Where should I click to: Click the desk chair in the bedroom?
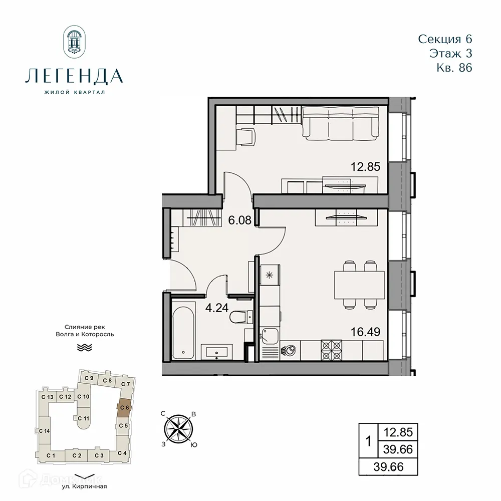245,136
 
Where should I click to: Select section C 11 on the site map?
83,418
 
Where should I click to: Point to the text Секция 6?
445,39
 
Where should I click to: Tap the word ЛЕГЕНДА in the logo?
74,76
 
